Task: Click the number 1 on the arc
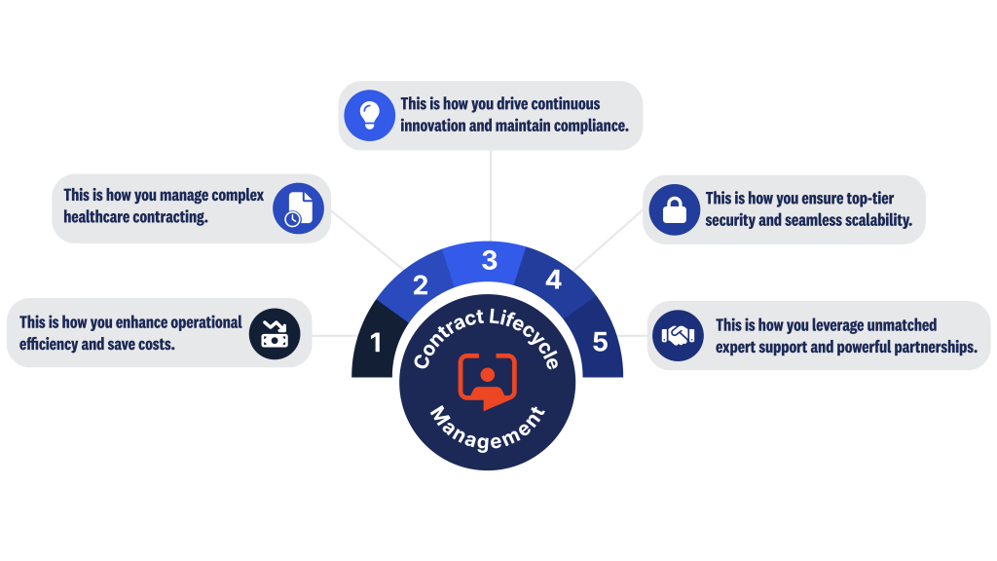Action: tap(376, 343)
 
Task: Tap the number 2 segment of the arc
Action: tap(421, 285)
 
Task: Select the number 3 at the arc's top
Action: tap(489, 260)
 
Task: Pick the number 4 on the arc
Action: tap(553, 280)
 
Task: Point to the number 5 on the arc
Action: tap(600, 342)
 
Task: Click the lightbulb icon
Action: tap(369, 115)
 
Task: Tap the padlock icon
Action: tap(675, 209)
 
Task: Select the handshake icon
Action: tap(678, 335)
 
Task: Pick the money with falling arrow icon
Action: tap(274, 333)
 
